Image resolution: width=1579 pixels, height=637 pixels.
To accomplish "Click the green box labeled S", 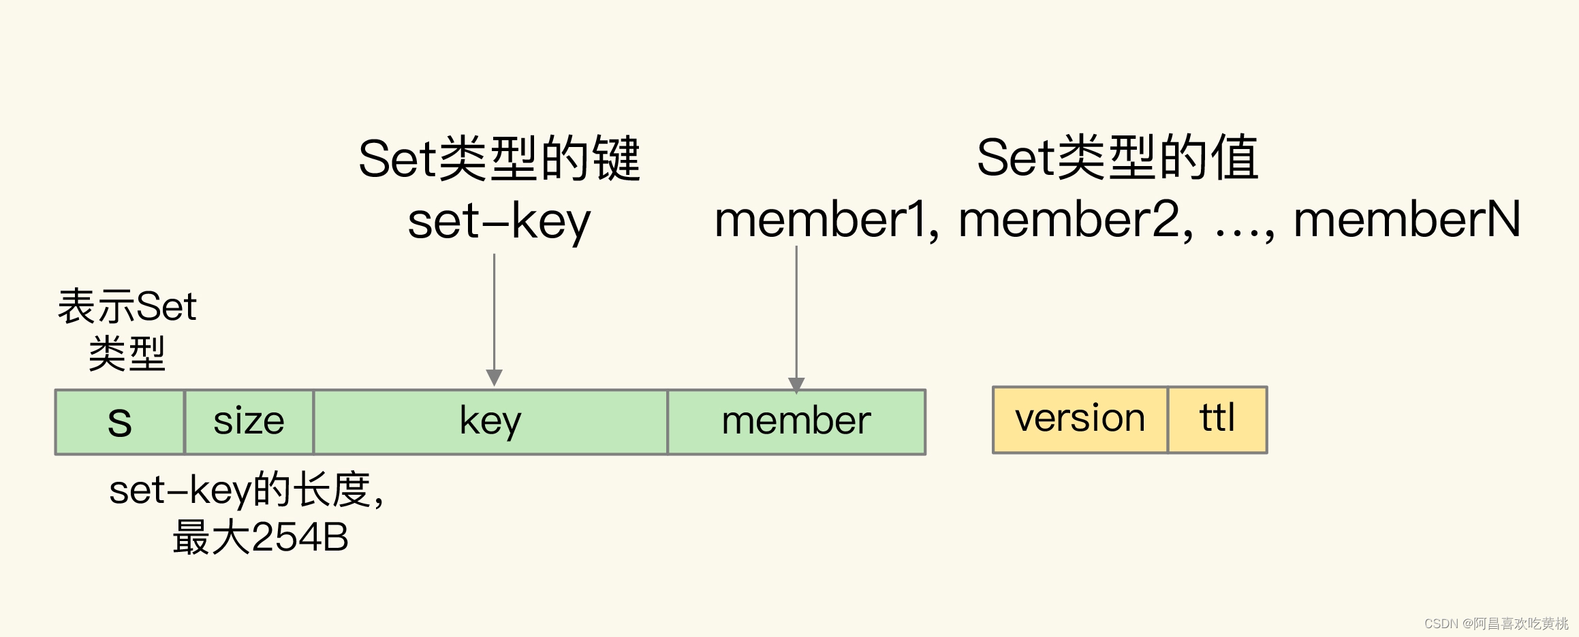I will tap(120, 422).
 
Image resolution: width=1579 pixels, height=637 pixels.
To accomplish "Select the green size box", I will tap(249, 422).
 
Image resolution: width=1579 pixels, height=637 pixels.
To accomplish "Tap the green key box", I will tap(490, 422).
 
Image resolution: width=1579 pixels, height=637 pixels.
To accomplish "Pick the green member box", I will tap(796, 422).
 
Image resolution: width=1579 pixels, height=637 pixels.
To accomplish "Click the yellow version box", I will tap(1080, 419).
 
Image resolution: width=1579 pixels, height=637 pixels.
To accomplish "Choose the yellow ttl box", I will tap(1217, 419).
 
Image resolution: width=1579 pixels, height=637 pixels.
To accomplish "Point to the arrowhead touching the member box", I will tap(796, 385).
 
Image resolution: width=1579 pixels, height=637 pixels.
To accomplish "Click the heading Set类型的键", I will tap(499, 159).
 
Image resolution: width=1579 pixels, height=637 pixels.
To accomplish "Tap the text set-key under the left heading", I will tap(499, 222).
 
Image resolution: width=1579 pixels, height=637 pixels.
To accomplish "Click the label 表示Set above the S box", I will tap(127, 306).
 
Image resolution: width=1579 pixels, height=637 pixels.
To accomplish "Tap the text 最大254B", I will tap(260, 538).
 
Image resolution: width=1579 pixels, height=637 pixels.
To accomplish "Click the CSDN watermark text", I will tap(1496, 623).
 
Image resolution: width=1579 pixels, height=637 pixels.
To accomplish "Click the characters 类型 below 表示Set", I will tap(127, 354).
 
